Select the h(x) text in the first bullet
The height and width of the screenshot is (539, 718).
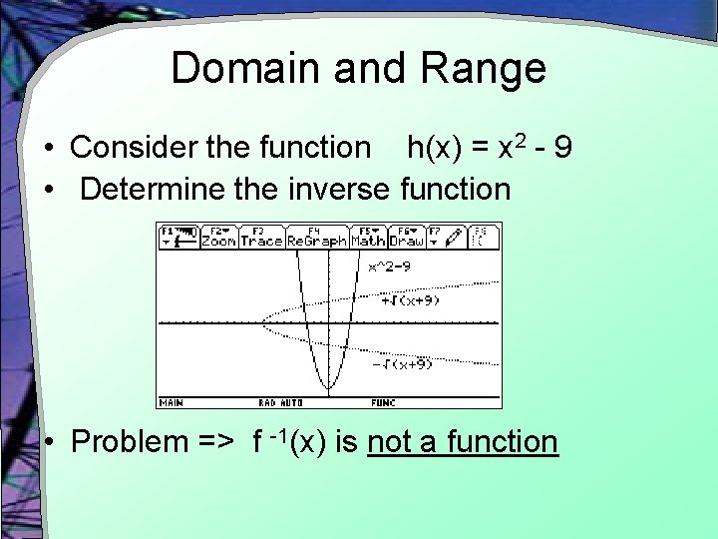tap(435, 149)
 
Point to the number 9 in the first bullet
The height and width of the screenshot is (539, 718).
tap(563, 149)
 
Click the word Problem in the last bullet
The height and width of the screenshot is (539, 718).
tap(128, 440)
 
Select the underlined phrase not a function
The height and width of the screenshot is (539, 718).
tap(463, 440)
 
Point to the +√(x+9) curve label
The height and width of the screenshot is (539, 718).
tap(410, 298)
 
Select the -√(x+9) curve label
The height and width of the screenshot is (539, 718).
tap(402, 364)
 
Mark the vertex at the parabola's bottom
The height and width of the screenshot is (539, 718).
tap(328, 389)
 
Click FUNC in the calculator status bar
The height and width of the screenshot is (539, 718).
tap(383, 403)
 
